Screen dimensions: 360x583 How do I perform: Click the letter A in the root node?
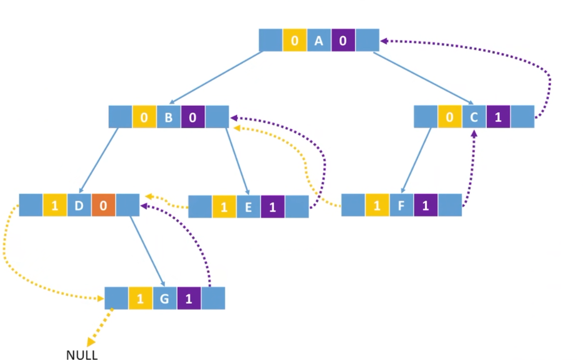(x=319, y=40)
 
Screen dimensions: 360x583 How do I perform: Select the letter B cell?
(x=169, y=117)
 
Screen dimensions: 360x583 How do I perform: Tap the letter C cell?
(x=474, y=117)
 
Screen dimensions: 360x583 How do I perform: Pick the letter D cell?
(x=79, y=205)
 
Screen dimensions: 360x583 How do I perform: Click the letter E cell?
(x=248, y=207)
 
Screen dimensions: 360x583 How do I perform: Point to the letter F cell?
(x=401, y=205)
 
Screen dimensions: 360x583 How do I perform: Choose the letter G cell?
(x=164, y=298)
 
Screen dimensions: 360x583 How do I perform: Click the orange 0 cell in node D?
(x=103, y=205)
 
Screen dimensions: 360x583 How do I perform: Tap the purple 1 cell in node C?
(x=498, y=117)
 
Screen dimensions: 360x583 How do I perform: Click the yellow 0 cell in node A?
(x=295, y=40)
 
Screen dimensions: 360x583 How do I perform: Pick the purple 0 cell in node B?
(x=193, y=117)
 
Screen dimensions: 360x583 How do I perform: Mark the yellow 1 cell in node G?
(x=140, y=298)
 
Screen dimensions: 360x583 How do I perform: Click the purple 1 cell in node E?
(x=273, y=207)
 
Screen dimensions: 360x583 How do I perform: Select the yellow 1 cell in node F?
(x=377, y=205)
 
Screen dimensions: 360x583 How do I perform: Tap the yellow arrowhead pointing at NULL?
(x=90, y=342)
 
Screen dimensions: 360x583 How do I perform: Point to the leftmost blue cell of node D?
(x=31, y=205)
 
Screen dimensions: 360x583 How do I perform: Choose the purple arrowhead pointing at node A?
(x=384, y=41)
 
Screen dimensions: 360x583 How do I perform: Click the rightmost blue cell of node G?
(x=213, y=298)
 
